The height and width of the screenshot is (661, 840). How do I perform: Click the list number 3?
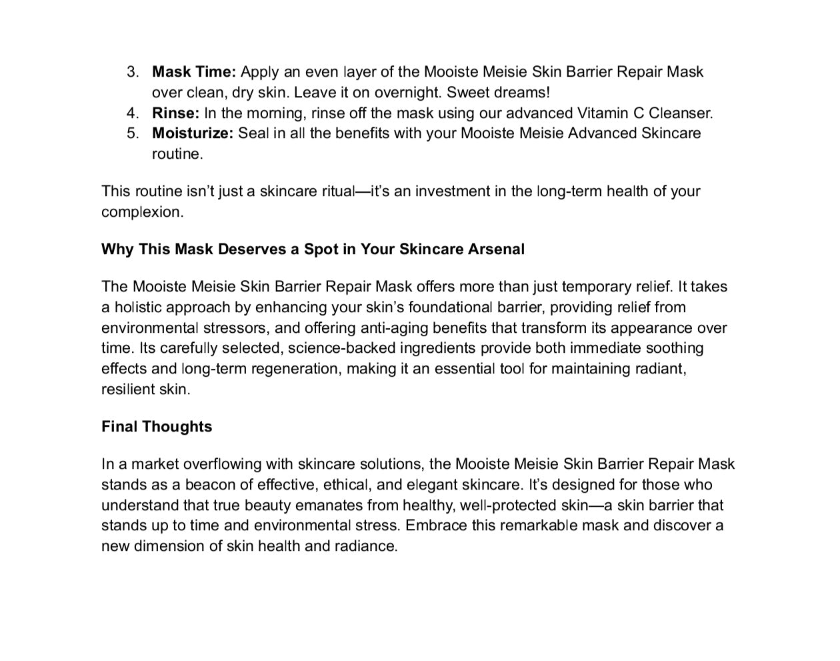pos(133,72)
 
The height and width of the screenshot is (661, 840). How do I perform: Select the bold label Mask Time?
pos(194,72)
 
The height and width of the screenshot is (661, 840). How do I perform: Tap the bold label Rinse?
pos(175,113)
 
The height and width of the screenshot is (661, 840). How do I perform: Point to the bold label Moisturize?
pos(193,133)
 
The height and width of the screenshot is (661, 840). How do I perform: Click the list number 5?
pos(133,133)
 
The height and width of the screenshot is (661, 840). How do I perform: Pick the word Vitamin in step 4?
pos(603,113)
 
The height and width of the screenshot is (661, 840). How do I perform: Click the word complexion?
pos(142,213)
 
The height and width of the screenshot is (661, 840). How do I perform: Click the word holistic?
pos(138,307)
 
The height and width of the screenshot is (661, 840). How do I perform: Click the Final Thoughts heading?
pos(157,427)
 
